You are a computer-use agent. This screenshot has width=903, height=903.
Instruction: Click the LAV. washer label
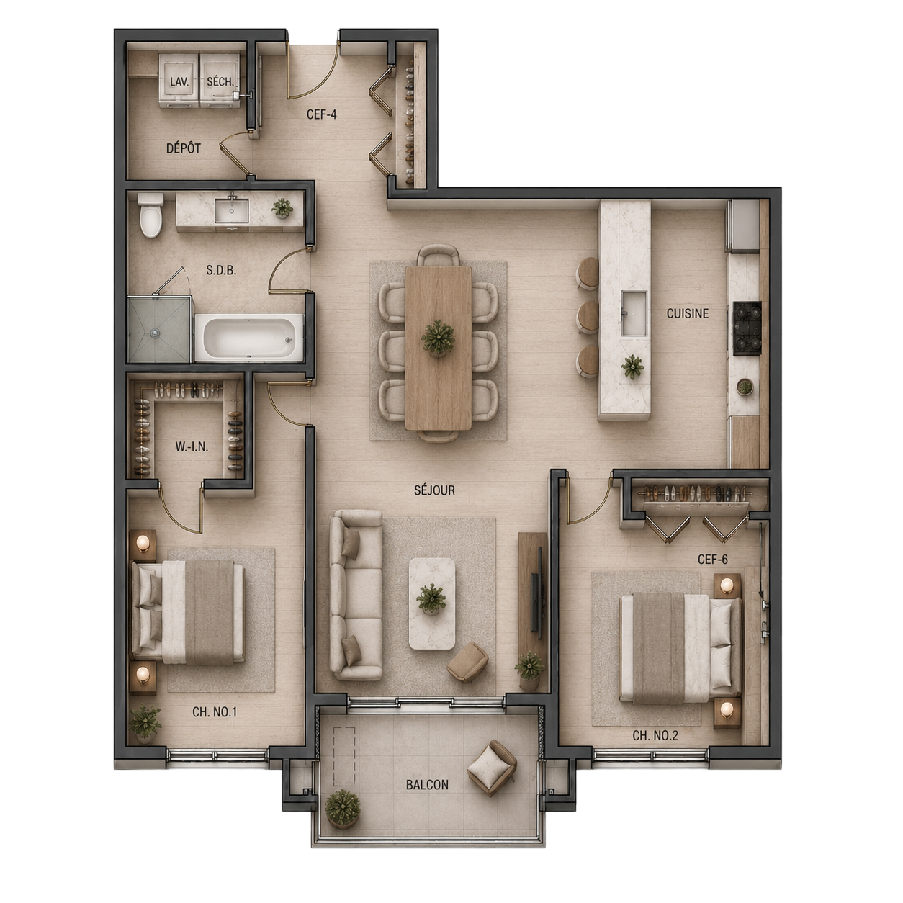point(179,81)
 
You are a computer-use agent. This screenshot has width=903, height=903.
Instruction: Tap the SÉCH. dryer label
point(220,81)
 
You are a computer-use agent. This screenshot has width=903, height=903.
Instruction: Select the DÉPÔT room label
point(184,148)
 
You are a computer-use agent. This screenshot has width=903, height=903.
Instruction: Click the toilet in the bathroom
point(150,215)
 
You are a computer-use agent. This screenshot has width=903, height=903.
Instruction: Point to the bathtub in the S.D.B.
point(249,338)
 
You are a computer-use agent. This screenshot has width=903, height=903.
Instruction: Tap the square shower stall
point(159,329)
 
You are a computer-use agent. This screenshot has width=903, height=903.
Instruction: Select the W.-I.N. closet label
point(192,446)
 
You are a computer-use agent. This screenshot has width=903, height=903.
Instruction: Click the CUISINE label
point(688,313)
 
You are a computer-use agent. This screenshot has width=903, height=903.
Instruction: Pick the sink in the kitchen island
point(634,313)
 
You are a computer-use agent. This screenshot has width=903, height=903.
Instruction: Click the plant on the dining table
point(438,338)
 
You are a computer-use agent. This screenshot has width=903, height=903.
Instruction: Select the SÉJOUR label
point(434,490)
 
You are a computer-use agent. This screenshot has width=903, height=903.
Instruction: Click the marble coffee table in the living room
point(432,603)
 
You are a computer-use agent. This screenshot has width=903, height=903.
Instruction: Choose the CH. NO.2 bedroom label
point(655,736)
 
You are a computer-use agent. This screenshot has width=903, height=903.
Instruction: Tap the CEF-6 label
point(712,559)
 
